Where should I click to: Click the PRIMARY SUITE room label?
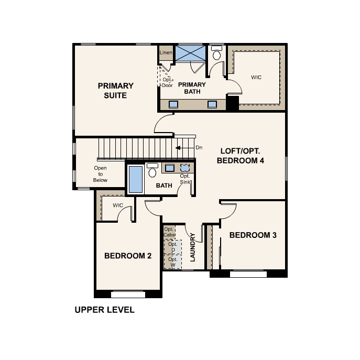[x=115, y=91]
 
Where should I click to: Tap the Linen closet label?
[x=166, y=52]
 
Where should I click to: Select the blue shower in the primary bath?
[x=191, y=53]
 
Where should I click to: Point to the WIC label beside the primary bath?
[x=256, y=78]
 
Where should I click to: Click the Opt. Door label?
[x=167, y=82]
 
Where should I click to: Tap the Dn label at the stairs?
[x=199, y=148]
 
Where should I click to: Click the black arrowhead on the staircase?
[x=178, y=148]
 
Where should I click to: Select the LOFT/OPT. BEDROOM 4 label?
[x=241, y=156]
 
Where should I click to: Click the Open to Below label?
[x=100, y=174]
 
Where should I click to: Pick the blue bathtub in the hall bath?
[x=136, y=180]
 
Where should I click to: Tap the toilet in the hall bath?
[x=152, y=170]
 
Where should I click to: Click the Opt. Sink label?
[x=185, y=179]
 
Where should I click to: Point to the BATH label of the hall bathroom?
[x=164, y=186]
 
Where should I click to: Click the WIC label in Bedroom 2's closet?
[x=118, y=205]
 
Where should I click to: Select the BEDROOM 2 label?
[x=128, y=256]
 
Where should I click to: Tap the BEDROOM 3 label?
[x=253, y=235]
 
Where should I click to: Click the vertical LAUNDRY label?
[x=193, y=247]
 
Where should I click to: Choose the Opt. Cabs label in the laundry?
[x=169, y=232]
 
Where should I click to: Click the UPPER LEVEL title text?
[x=104, y=310]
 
